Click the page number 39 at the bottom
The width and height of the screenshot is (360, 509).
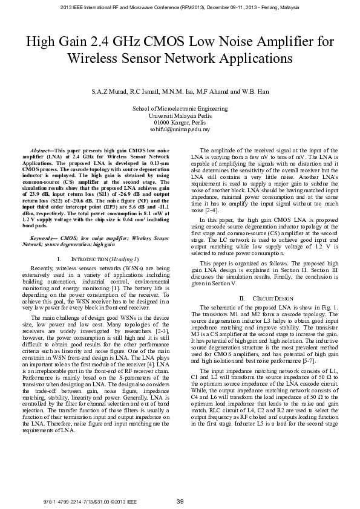[180, 500]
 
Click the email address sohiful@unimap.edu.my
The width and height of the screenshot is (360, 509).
[180, 129]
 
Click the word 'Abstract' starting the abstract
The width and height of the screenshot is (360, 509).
[42, 149]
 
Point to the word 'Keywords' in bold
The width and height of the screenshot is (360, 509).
[43, 256]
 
